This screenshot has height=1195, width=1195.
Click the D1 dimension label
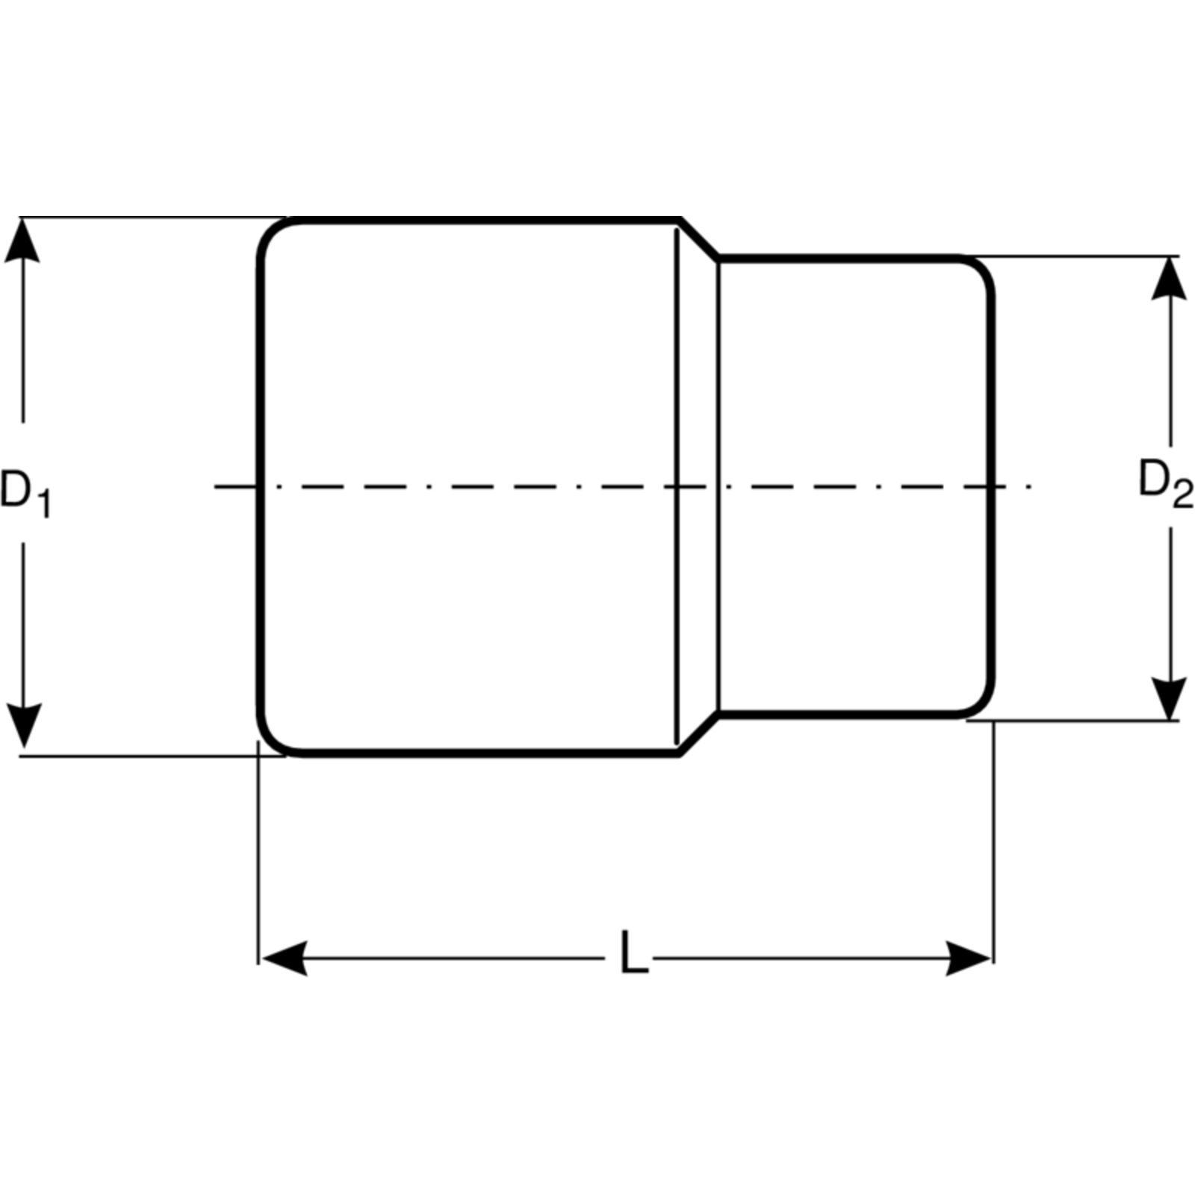click(25, 493)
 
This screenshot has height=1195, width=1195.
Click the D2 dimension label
click(1166, 483)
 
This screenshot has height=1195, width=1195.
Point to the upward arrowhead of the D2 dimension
click(1169, 278)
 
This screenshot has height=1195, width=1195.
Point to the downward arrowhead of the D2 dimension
click(1169, 698)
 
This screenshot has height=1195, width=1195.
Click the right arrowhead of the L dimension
click(969, 958)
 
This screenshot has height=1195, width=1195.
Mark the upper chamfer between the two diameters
click(699, 238)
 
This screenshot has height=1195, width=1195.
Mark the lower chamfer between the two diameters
click(699, 736)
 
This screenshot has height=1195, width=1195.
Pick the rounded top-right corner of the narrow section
click(982, 269)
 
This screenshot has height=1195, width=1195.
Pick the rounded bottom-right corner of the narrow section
click(982, 705)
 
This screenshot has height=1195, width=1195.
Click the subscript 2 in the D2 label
click(1183, 494)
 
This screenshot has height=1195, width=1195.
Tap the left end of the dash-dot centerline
click(215, 487)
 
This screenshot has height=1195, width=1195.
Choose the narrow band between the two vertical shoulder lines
click(698, 487)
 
